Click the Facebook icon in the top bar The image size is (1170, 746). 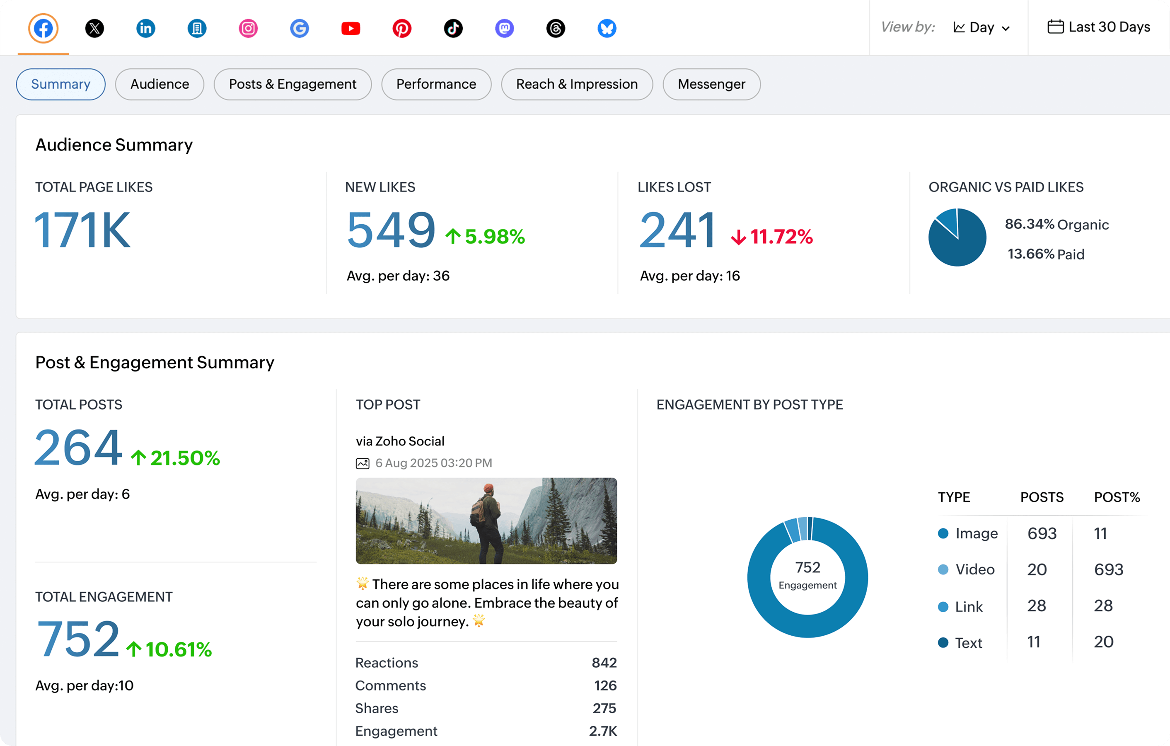click(43, 28)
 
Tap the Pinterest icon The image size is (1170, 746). click(402, 28)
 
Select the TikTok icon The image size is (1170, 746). click(453, 28)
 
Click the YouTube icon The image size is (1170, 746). click(351, 28)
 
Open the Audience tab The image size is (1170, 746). click(160, 84)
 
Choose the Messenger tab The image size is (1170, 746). click(711, 84)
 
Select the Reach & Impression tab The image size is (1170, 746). click(576, 84)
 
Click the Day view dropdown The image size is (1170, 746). click(981, 28)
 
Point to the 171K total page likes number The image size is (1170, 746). click(82, 230)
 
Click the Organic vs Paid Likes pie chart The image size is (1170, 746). click(957, 237)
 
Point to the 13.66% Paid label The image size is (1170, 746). click(1045, 254)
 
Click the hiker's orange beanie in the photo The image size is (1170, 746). click(488, 487)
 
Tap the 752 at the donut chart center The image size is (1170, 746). click(807, 567)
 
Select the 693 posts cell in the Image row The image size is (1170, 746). click(1041, 534)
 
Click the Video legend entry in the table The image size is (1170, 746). click(974, 569)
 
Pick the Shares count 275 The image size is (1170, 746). click(604, 708)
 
